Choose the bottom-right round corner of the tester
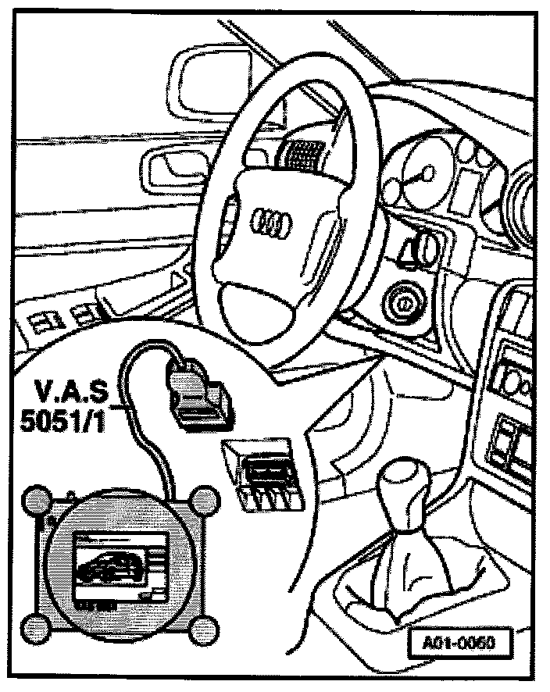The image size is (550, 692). point(205,629)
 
